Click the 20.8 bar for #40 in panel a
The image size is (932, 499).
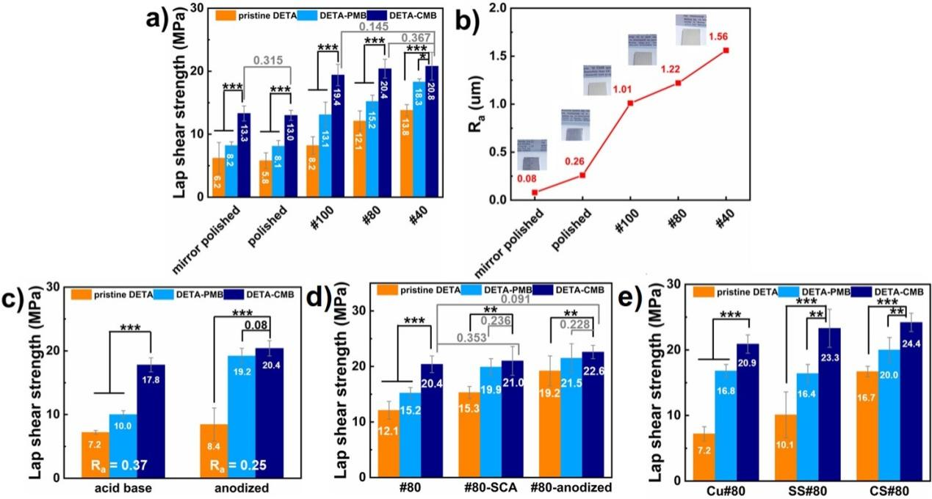tap(432, 132)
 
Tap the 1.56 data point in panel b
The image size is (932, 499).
tap(726, 50)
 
